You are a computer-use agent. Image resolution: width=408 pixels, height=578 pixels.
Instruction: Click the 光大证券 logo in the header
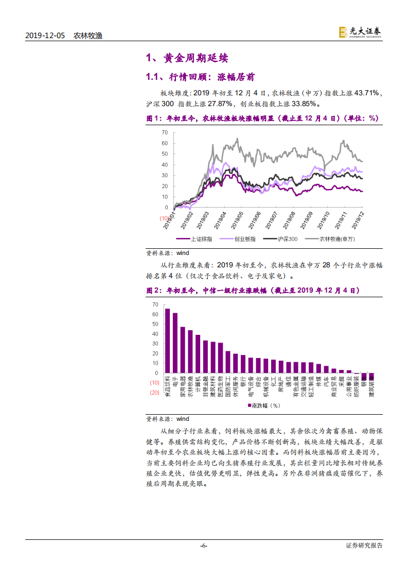(360, 32)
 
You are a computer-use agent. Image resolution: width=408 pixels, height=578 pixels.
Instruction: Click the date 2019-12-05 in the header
(46, 36)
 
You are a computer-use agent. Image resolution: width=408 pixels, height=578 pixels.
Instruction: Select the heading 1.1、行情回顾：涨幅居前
(200, 77)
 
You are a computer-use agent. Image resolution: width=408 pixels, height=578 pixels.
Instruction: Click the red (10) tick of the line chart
(164, 218)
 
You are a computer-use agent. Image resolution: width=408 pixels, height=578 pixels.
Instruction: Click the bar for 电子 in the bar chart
(175, 343)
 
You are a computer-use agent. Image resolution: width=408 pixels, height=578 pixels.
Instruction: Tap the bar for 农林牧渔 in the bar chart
(190, 351)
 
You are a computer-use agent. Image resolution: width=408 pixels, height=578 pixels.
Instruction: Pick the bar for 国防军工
(227, 362)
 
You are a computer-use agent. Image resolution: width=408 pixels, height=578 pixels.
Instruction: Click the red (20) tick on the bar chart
(154, 393)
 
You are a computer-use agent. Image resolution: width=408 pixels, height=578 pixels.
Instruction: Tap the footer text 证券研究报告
(364, 546)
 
